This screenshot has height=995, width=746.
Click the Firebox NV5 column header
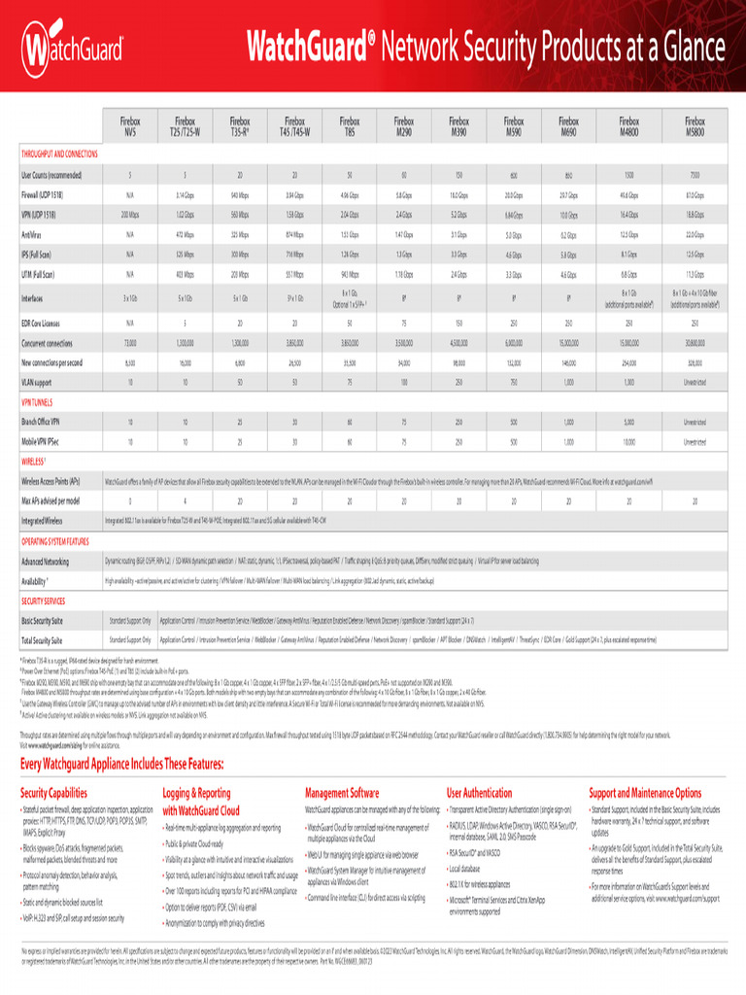[130, 125]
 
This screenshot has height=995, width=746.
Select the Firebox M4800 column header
[628, 125]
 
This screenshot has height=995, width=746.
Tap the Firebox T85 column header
[350, 125]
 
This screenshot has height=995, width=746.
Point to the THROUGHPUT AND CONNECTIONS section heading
[59, 154]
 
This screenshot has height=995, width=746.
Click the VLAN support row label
[41, 383]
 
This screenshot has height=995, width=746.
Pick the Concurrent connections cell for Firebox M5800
[695, 343]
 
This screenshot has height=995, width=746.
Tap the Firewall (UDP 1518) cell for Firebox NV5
[130, 195]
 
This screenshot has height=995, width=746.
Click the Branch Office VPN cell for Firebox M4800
[628, 423]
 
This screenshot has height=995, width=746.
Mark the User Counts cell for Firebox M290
[404, 175]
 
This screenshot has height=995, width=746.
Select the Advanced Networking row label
[46, 562]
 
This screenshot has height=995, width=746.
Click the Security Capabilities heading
[54, 794]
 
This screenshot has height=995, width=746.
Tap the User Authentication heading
[480, 794]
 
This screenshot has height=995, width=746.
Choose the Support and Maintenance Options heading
[645, 794]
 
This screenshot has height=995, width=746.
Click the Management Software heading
[342, 794]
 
